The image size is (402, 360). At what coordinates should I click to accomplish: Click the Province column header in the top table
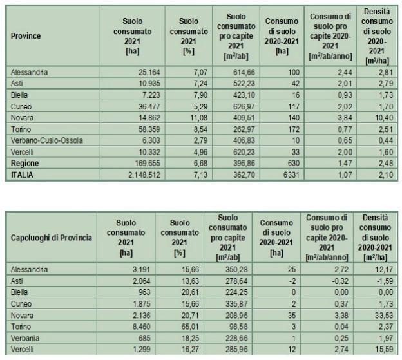tap(26, 36)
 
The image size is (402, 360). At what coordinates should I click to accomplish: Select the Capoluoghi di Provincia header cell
tap(52, 238)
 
